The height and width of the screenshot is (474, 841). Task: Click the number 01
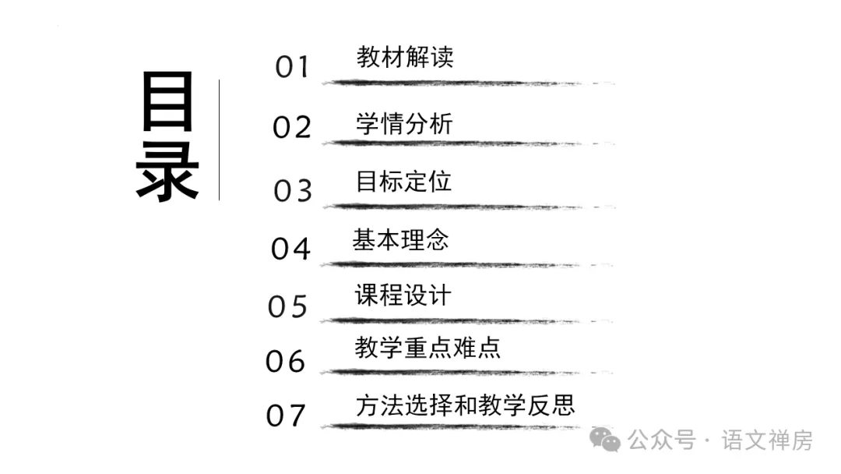[x=292, y=67]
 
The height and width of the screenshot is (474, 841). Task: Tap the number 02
[x=292, y=127]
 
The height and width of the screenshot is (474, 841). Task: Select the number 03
[x=293, y=190]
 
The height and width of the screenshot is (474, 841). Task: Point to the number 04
[x=290, y=249]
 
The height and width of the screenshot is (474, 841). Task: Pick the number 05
[x=288, y=306]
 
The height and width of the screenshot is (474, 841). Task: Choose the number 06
[x=286, y=361]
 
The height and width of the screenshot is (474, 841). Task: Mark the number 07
[x=286, y=416]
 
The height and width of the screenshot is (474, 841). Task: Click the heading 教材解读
[x=404, y=57]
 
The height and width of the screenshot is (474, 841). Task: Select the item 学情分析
[x=404, y=123]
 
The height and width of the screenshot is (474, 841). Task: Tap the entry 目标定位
[x=403, y=182]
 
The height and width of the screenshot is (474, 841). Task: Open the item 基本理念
[x=400, y=239]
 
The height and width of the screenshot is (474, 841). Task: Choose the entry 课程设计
[x=403, y=295]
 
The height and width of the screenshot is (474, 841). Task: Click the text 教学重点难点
[x=428, y=348]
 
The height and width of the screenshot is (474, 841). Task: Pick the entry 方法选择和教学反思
[x=465, y=405]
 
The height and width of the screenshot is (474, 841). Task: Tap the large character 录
[x=167, y=169]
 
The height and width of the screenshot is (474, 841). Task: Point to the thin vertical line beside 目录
[x=220, y=140]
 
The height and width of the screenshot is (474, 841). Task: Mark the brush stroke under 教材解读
[x=459, y=82]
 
